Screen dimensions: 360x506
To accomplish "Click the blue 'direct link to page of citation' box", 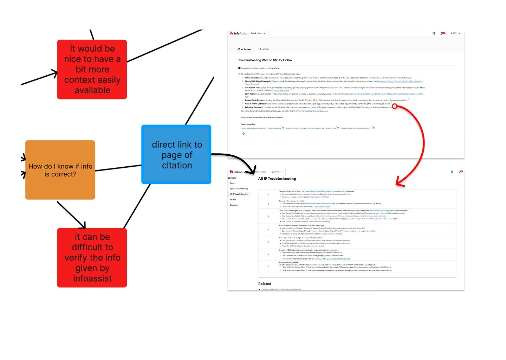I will (176, 155).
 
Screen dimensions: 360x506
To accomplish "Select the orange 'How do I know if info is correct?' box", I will (60, 170).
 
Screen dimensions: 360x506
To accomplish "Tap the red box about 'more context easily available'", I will (92, 70).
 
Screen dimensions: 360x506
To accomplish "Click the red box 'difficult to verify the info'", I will (92, 258).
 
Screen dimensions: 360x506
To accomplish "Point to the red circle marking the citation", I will (394, 106).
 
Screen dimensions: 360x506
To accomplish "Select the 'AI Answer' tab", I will (245, 49).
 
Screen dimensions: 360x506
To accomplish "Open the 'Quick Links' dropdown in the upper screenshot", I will (258, 33).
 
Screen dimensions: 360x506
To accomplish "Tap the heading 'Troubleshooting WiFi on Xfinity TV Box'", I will (265, 60).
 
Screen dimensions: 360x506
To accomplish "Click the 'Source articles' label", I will (248, 124).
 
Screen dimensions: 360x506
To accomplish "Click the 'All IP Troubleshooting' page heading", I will (277, 179).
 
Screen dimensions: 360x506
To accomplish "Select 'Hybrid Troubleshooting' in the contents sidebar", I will (239, 189).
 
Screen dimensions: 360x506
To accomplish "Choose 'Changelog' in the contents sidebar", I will (234, 205).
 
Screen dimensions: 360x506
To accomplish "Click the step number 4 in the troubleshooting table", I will (268, 230).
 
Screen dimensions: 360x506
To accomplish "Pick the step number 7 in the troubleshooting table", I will (268, 266).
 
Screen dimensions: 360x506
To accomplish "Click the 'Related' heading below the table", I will (265, 284).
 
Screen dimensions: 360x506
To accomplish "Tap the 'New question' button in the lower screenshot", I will (261, 172).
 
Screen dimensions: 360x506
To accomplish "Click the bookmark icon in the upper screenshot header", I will (434, 33).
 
